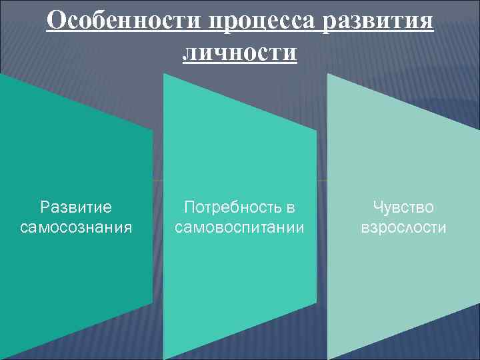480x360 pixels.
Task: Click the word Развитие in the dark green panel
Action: coord(76,207)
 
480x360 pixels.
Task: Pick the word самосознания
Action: coord(76,228)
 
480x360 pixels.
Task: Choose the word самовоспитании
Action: coord(239,228)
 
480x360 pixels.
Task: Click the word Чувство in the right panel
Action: coord(403,207)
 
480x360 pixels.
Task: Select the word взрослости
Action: coord(403,228)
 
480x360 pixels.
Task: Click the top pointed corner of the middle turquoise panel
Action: coord(165,73)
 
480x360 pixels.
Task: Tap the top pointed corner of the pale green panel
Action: coord(328,73)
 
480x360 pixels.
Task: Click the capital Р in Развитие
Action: coord(45,207)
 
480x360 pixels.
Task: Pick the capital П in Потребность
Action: coord(189,207)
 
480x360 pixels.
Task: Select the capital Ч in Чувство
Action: coord(377,207)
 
